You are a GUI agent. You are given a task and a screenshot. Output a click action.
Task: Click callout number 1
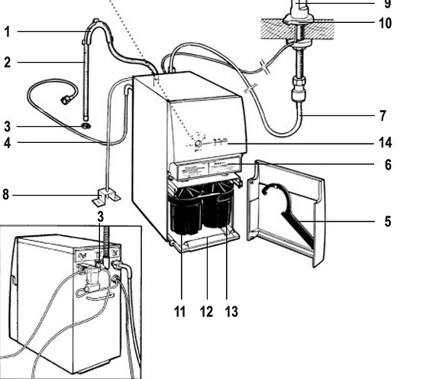click(x=8, y=31)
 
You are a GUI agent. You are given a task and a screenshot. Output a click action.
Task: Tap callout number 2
click(x=8, y=62)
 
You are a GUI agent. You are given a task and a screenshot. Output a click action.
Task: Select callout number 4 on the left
click(x=8, y=143)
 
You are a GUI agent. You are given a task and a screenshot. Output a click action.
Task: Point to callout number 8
click(x=6, y=194)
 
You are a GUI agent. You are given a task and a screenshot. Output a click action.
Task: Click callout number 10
click(x=386, y=23)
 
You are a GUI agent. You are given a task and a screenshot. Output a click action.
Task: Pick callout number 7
click(x=383, y=115)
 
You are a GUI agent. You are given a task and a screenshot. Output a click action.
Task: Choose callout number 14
click(x=386, y=142)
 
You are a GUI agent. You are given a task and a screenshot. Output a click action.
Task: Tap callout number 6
click(x=388, y=165)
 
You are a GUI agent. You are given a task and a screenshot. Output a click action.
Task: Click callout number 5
click(x=388, y=222)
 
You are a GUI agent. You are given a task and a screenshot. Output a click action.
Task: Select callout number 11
click(x=179, y=312)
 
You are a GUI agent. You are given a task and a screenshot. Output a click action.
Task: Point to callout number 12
click(x=206, y=312)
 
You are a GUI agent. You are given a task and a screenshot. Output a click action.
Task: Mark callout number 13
click(x=231, y=312)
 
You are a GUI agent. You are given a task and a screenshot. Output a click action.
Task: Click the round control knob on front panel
click(x=198, y=144)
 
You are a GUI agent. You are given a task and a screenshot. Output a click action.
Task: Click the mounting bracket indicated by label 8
click(x=106, y=196)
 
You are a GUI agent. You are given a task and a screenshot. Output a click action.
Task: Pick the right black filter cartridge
click(x=218, y=205)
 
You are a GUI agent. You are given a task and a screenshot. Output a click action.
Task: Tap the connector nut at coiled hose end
click(x=66, y=100)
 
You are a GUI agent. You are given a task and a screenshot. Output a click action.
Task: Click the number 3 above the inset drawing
click(x=100, y=217)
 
